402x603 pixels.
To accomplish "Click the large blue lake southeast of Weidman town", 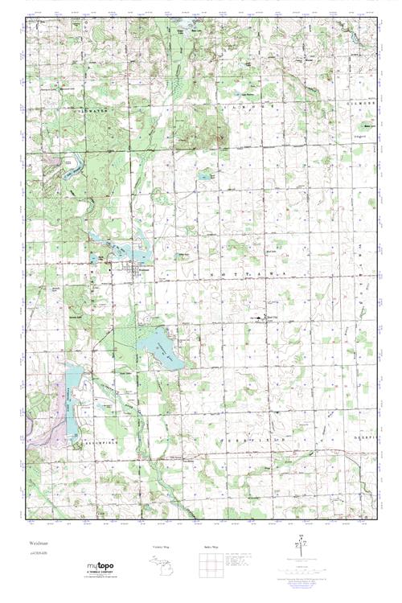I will [159, 347].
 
